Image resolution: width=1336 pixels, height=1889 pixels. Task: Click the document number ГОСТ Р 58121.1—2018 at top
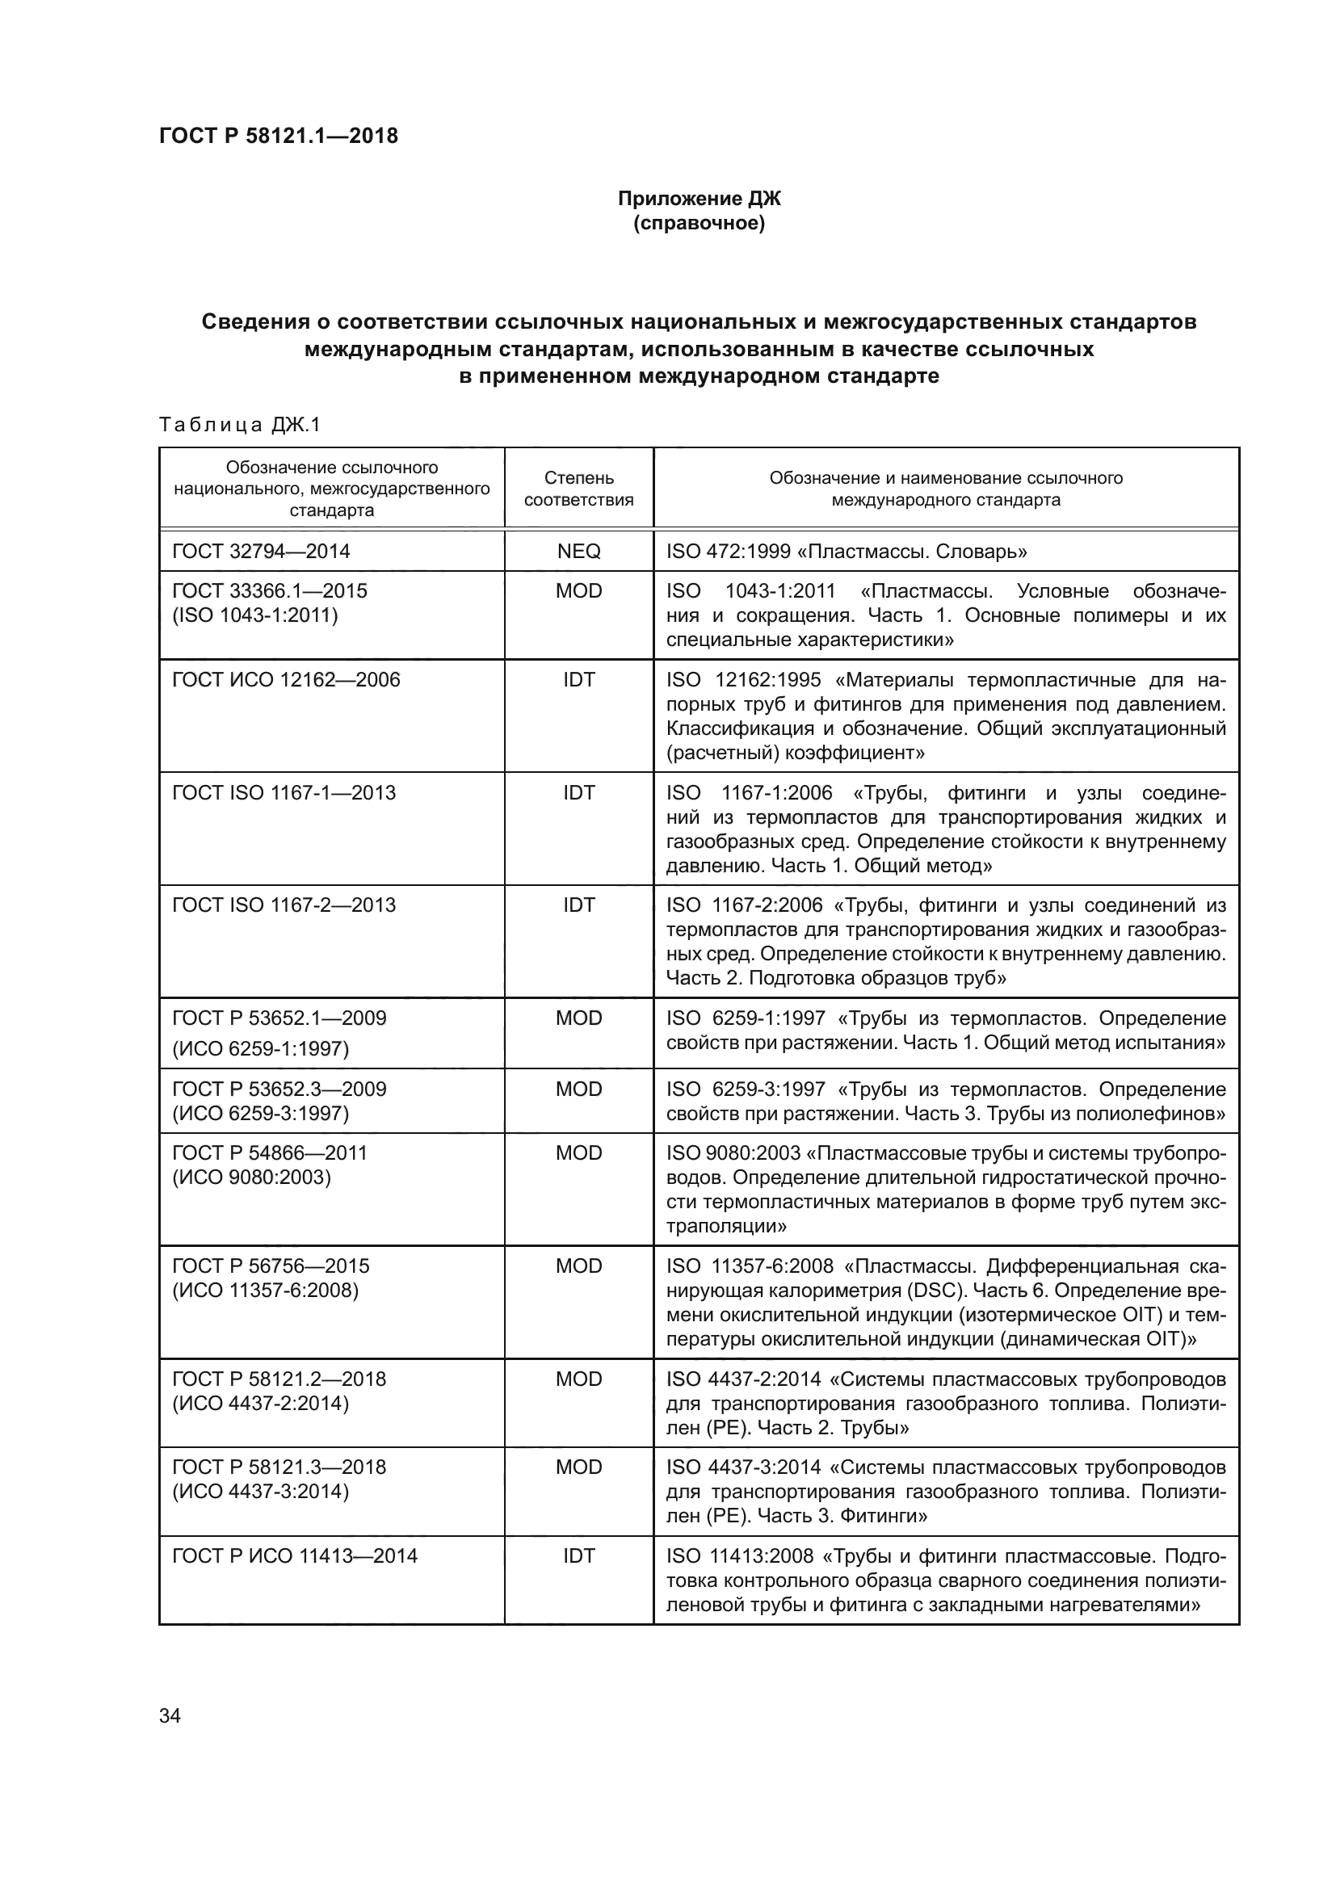click(278, 136)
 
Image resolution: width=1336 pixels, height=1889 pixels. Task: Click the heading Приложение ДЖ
click(699, 199)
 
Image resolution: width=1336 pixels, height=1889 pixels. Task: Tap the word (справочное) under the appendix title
click(699, 223)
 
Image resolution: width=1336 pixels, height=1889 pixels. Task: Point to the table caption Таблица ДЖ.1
click(238, 425)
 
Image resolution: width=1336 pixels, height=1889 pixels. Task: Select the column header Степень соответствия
click(578, 488)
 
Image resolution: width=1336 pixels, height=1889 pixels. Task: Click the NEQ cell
click(578, 552)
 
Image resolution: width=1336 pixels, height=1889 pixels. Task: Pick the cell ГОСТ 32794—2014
click(261, 552)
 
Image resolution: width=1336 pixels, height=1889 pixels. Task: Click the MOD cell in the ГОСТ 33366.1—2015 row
click(578, 590)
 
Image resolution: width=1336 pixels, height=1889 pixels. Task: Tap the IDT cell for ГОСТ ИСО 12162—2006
click(578, 679)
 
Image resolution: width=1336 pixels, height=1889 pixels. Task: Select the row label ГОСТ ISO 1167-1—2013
click(284, 792)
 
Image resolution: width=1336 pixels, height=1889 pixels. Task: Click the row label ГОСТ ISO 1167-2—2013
click(284, 905)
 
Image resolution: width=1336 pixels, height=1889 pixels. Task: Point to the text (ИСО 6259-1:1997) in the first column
click(260, 1049)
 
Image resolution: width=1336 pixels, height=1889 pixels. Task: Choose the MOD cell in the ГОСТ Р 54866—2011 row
click(578, 1152)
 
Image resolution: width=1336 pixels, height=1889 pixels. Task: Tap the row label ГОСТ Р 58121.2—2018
click(279, 1379)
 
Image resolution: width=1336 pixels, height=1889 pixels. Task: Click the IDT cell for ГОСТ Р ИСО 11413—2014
click(578, 1555)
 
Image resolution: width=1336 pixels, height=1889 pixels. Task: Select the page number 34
click(170, 1715)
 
